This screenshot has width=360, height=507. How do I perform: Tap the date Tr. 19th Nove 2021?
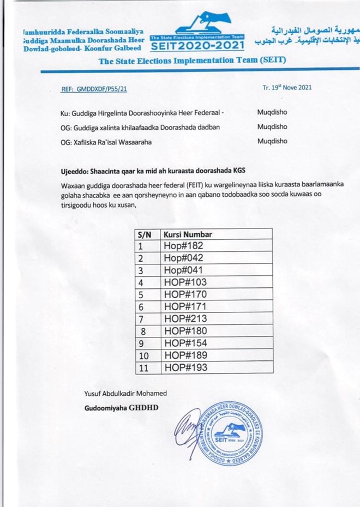(x=287, y=87)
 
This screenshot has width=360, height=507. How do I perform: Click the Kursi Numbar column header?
(x=188, y=234)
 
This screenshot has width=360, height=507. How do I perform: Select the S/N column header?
(x=145, y=234)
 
